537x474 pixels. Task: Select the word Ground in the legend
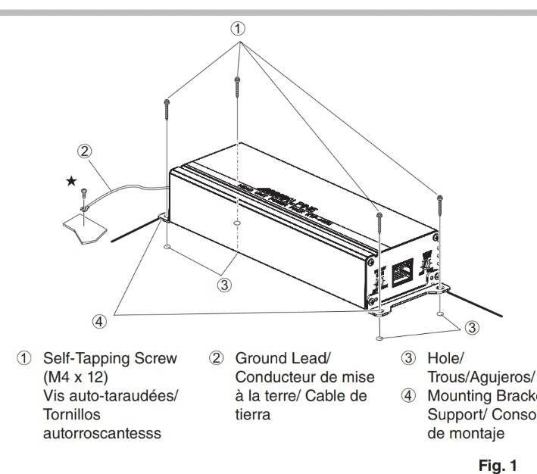[259, 357]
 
